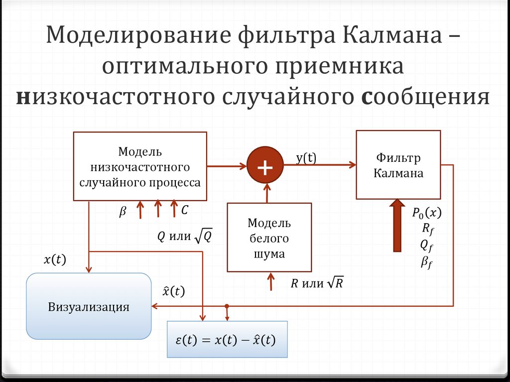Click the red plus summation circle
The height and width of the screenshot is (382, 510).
coord(264,166)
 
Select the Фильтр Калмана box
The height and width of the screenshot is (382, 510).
coord(398,165)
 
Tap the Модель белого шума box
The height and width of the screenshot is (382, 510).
coord(269,237)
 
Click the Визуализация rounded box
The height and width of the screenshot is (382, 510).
coord(89,306)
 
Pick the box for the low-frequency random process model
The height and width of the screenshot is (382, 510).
coord(140,166)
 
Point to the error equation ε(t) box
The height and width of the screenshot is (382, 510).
coord(227,340)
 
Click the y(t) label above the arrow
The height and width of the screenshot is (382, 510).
coord(306,158)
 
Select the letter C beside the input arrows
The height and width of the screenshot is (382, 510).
coord(184,211)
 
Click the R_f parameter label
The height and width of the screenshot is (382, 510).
coord(427,229)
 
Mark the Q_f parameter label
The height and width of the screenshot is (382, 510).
coord(427,245)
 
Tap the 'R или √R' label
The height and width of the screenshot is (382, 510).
coord(317,284)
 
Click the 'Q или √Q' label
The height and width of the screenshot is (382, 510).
coord(185,237)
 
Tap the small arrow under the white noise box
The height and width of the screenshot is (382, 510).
coord(270,281)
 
